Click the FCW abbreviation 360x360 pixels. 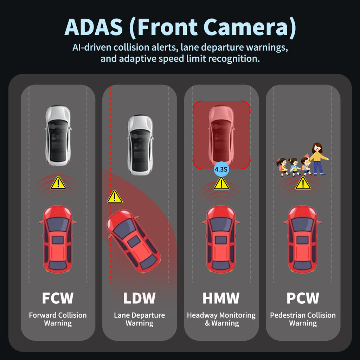58,298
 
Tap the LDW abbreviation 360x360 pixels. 139,298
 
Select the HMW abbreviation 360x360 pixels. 221,298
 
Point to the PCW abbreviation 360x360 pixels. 303,298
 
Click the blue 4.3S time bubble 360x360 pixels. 221,169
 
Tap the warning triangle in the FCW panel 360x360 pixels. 58,183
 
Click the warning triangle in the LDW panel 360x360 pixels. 115,197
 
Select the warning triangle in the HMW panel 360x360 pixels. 221,184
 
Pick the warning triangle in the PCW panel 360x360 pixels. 303,184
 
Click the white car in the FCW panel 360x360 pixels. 58,135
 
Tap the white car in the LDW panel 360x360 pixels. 140,145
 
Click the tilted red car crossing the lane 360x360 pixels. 133,241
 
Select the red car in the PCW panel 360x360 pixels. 303,239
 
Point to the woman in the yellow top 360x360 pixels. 318,159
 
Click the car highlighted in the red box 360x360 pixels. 221,135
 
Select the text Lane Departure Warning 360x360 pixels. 139,319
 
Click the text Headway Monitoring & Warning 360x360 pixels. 221,319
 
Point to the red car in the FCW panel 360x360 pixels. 58,239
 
